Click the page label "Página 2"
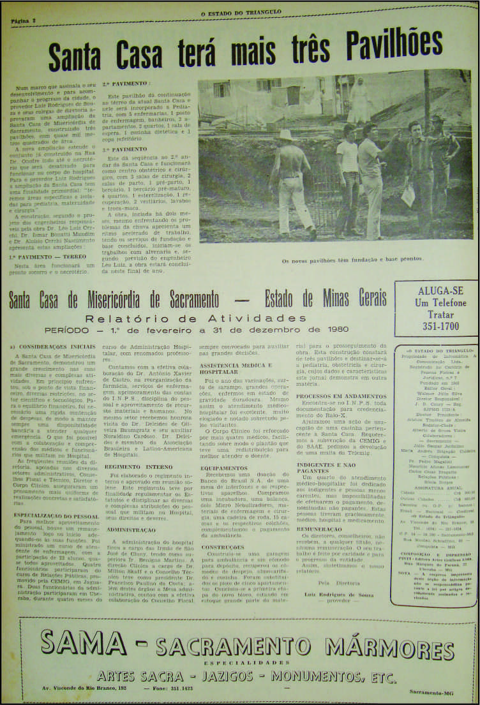tap(24, 21)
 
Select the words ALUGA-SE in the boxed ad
tap(435, 290)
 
